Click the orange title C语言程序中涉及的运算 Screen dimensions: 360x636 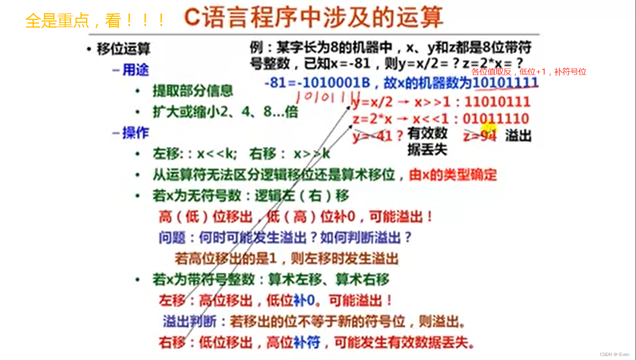point(313,17)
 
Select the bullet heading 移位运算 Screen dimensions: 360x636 point(123,49)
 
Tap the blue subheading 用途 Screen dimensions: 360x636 point(135,70)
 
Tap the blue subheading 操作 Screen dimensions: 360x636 point(135,133)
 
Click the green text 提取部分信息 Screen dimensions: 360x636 point(193,91)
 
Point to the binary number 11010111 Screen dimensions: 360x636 point(497,102)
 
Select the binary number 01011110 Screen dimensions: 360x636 point(496,119)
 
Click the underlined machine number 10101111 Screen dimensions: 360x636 point(505,82)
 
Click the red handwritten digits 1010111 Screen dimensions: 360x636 point(326,97)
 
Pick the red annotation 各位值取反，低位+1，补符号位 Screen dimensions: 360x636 point(528,72)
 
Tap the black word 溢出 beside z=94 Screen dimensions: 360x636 point(518,136)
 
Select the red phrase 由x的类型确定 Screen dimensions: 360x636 point(453,175)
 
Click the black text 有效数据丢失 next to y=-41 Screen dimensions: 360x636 point(427,141)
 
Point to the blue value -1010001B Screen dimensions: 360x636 point(336,82)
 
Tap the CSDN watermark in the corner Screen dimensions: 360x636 point(614,354)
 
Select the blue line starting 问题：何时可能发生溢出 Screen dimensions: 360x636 point(285,237)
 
